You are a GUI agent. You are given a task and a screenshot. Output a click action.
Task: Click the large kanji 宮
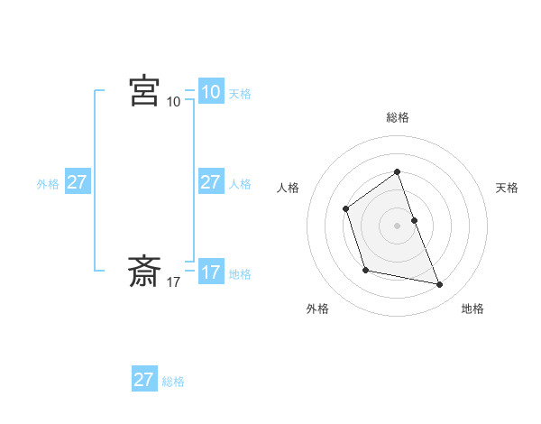tap(144, 91)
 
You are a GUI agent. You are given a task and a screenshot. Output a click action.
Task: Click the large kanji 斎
tap(144, 271)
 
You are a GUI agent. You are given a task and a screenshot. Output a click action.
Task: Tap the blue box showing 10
tap(211, 92)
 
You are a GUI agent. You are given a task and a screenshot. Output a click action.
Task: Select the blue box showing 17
tap(211, 272)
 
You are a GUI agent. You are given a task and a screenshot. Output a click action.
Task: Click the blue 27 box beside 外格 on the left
tap(77, 182)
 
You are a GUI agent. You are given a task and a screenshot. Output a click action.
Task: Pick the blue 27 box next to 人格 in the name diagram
tap(210, 182)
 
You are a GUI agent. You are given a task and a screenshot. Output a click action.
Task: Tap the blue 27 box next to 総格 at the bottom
tap(144, 380)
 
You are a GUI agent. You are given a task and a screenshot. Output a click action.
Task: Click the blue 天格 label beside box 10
tap(240, 94)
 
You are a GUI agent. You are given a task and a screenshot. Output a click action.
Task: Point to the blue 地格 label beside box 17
tap(240, 274)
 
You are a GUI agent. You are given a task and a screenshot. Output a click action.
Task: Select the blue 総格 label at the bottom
tap(173, 382)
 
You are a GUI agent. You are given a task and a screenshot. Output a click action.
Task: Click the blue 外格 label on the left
tap(48, 184)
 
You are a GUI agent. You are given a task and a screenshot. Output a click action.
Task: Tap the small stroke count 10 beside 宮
tap(173, 102)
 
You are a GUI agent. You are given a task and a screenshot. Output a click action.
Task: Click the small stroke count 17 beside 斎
tap(173, 282)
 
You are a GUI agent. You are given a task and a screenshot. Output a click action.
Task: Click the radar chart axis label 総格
tap(397, 117)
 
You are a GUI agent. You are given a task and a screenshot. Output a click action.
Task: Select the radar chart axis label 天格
tap(508, 188)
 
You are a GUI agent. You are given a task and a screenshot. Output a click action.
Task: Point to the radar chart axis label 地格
tap(472, 309)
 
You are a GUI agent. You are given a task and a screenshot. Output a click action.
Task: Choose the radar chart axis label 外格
tap(317, 309)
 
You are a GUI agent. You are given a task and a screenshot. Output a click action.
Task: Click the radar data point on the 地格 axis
tap(440, 285)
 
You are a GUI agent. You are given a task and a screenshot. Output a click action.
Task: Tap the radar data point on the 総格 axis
tap(397, 171)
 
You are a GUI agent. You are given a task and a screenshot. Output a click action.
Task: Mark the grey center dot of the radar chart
tap(397, 225)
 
